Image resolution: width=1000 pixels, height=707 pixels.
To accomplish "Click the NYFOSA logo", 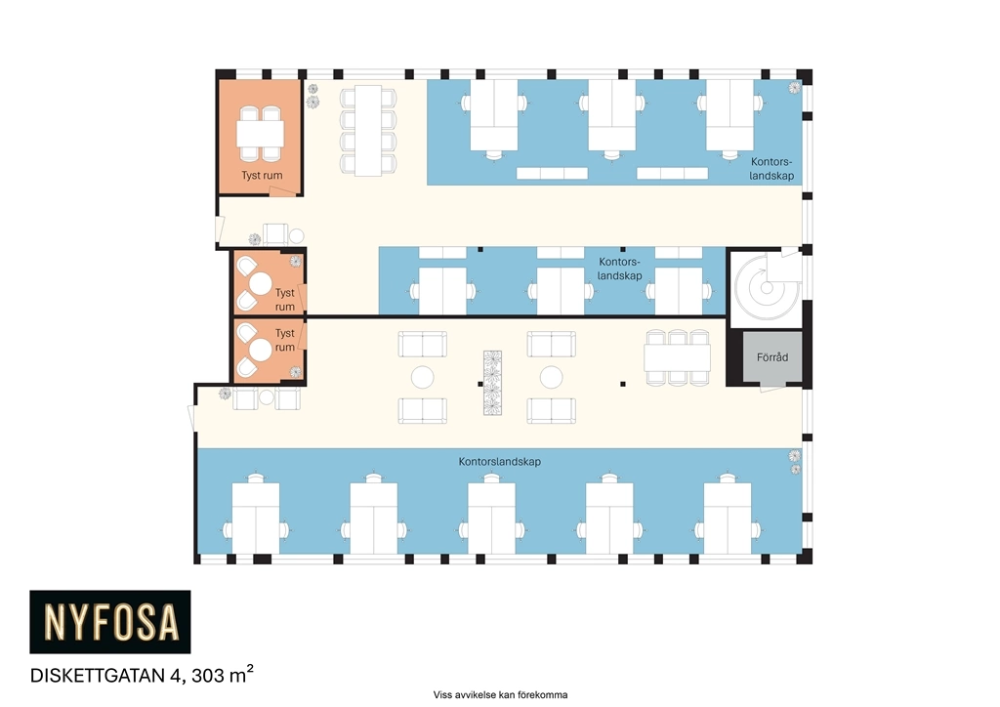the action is [110, 622].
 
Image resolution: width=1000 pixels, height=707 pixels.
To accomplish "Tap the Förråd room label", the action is [772, 357].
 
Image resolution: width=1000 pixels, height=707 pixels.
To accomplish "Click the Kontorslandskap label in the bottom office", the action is [499, 462].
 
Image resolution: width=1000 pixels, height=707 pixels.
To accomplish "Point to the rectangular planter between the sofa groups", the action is [492, 383].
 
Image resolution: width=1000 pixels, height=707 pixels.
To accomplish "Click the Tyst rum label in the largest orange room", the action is [262, 176].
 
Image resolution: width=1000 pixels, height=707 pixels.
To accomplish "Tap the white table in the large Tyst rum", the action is [260, 134].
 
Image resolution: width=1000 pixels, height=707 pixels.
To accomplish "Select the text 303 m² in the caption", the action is [223, 674].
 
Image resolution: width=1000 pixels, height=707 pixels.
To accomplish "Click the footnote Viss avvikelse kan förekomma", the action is [500, 695].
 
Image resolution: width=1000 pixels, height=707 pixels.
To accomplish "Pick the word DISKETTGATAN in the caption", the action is [99, 676].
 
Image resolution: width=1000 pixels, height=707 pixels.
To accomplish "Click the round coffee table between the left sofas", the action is [422, 377].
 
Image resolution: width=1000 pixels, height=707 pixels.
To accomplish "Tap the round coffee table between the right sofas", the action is [551, 377].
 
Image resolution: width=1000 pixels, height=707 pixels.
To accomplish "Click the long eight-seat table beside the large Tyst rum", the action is [368, 131].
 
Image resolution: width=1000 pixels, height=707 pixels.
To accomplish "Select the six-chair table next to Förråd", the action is [678, 357].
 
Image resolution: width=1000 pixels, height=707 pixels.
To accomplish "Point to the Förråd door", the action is [771, 387].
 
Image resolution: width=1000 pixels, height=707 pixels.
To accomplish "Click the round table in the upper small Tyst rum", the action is [260, 284].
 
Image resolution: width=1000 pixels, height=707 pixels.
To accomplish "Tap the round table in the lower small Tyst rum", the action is [260, 350].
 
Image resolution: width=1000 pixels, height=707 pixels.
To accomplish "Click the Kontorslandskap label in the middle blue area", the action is [619, 269].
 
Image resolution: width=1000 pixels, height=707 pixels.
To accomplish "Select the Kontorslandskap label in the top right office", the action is [771, 169].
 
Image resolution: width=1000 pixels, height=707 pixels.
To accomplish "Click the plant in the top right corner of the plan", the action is [795, 87].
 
